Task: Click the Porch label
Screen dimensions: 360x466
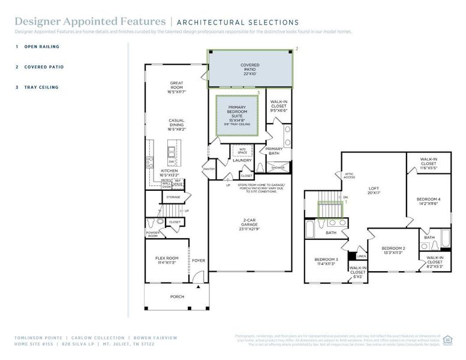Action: click(177, 296)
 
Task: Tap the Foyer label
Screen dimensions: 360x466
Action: click(199, 260)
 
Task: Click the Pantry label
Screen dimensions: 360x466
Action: click(209, 169)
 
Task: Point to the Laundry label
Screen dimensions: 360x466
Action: click(242, 160)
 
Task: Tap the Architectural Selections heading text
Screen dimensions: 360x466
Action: click(238, 23)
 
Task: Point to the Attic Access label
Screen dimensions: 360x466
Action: click(349, 176)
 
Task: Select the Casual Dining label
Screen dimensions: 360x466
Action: click(176, 124)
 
